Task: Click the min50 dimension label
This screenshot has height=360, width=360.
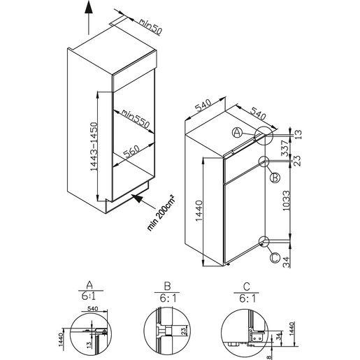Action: pyautogui.click(x=150, y=27)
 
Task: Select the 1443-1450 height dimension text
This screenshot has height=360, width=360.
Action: pyautogui.click(x=94, y=147)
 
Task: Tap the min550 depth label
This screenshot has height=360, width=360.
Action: pyautogui.click(x=135, y=119)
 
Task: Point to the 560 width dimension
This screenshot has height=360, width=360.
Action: pyautogui.click(x=131, y=152)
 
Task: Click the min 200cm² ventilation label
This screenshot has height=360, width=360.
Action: pyautogui.click(x=161, y=213)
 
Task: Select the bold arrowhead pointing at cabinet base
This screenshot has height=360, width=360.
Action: pyautogui.click(x=138, y=198)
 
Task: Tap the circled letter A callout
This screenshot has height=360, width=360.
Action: pyautogui.click(x=237, y=133)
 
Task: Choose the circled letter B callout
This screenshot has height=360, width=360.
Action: pyautogui.click(x=275, y=178)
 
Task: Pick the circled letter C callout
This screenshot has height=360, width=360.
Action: pyautogui.click(x=275, y=258)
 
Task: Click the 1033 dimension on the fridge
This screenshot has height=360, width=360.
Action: pyautogui.click(x=286, y=201)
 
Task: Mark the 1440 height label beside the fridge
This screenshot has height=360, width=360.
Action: pyautogui.click(x=199, y=211)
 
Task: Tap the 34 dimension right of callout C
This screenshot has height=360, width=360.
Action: pyautogui.click(x=286, y=262)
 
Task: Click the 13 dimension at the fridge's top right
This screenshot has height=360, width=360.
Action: pyautogui.click(x=298, y=134)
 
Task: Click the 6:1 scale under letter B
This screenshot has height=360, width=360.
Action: pyautogui.click(x=168, y=298)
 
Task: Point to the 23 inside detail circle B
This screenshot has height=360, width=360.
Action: pyautogui.click(x=183, y=331)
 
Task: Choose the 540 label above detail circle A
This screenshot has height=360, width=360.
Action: pyautogui.click(x=92, y=309)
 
